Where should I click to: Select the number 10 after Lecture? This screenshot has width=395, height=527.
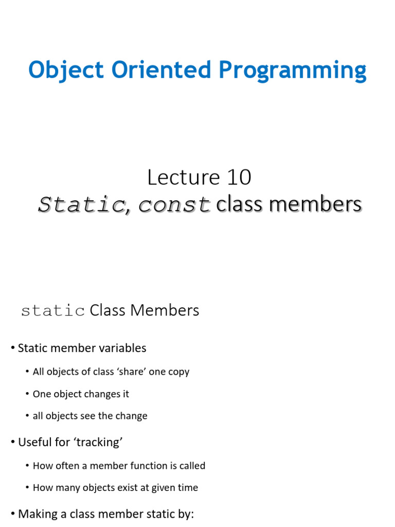point(237,178)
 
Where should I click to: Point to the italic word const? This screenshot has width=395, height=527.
point(174,205)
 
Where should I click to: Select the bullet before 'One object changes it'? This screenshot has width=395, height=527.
point(27,394)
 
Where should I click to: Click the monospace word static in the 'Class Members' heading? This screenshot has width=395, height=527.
point(53,311)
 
